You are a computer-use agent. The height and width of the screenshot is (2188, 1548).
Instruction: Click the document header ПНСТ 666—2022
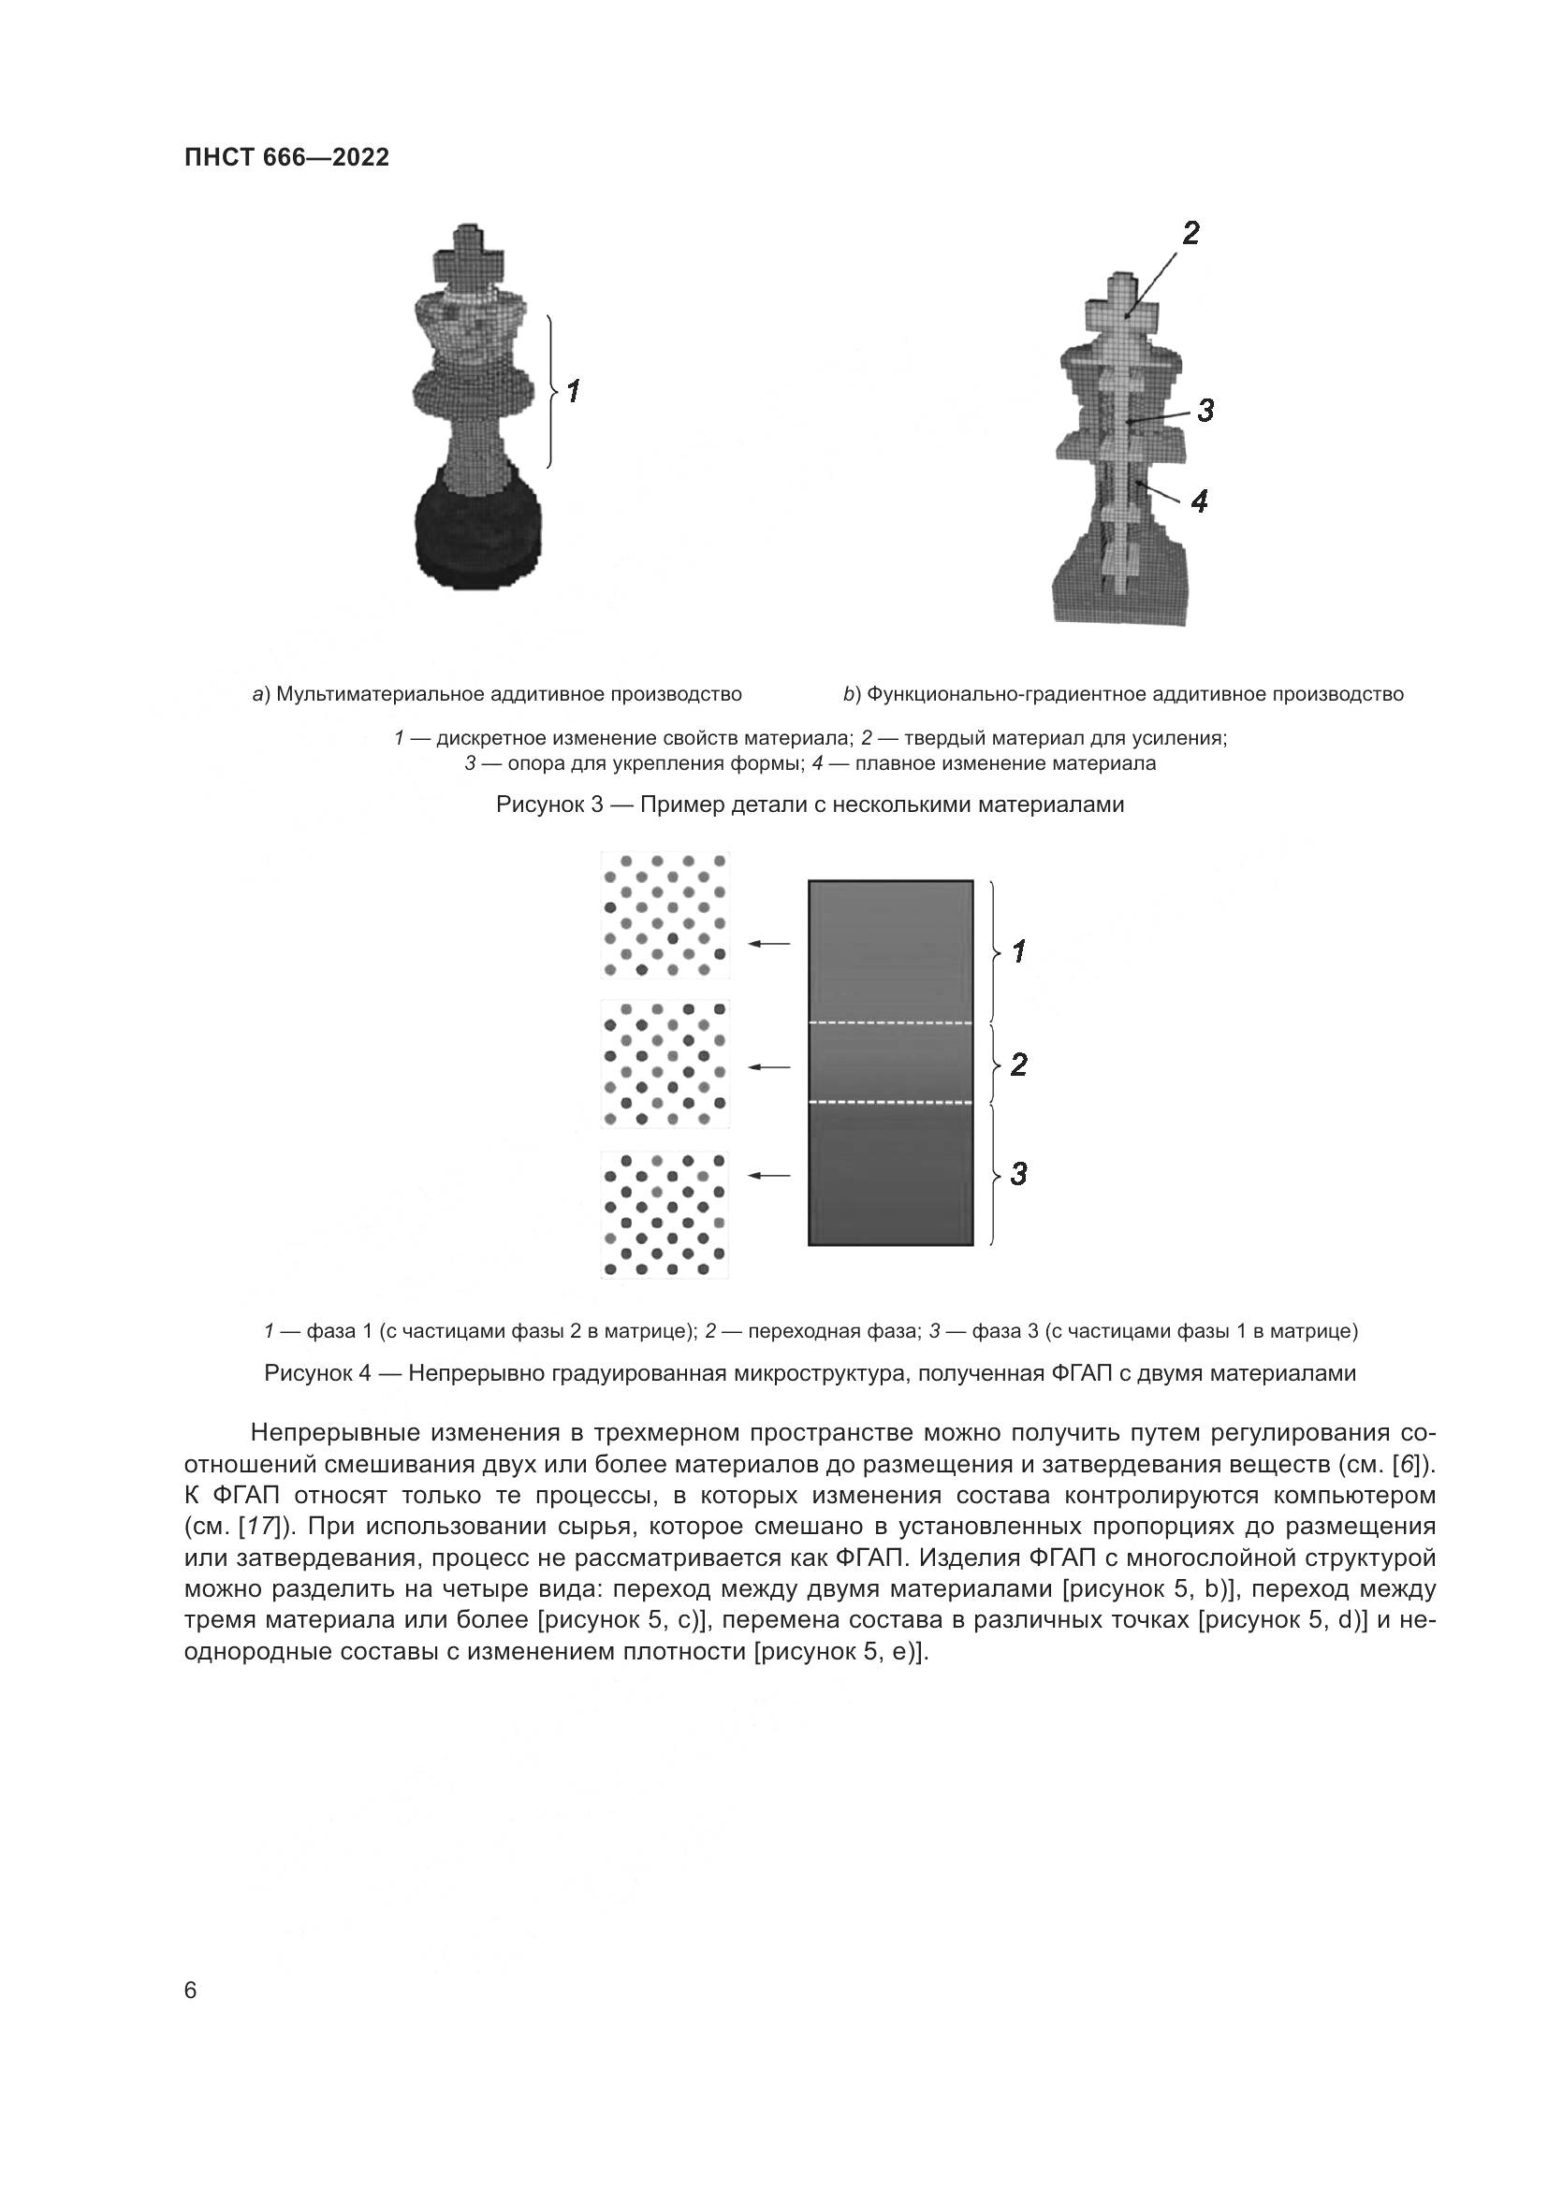pyautogui.click(x=286, y=158)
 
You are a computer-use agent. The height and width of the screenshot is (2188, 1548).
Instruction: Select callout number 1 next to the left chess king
pyautogui.click(x=573, y=392)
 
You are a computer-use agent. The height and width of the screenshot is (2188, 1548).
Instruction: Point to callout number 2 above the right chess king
pyautogui.click(x=1190, y=234)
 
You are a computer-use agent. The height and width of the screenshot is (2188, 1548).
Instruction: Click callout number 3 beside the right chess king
pyautogui.click(x=1205, y=411)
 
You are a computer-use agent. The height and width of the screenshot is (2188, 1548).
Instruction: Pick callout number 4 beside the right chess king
pyautogui.click(x=1199, y=500)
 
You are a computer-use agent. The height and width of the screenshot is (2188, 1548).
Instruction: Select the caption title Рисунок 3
pyautogui.click(x=549, y=805)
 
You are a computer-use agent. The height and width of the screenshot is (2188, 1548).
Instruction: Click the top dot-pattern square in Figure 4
pyautogui.click(x=664, y=915)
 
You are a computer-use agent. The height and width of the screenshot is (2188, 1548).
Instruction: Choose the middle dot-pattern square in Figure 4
pyautogui.click(x=664, y=1065)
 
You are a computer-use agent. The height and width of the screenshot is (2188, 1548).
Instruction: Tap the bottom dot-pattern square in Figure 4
pyautogui.click(x=664, y=1214)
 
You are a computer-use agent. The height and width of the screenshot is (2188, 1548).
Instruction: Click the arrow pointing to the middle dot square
pyautogui.click(x=769, y=1068)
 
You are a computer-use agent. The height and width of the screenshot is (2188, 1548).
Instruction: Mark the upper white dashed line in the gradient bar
pyautogui.click(x=890, y=1023)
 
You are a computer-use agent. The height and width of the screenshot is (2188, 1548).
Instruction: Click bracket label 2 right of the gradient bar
pyautogui.click(x=1018, y=1065)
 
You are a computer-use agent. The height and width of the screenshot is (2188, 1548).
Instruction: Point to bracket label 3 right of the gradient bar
pyautogui.click(x=1018, y=1174)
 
